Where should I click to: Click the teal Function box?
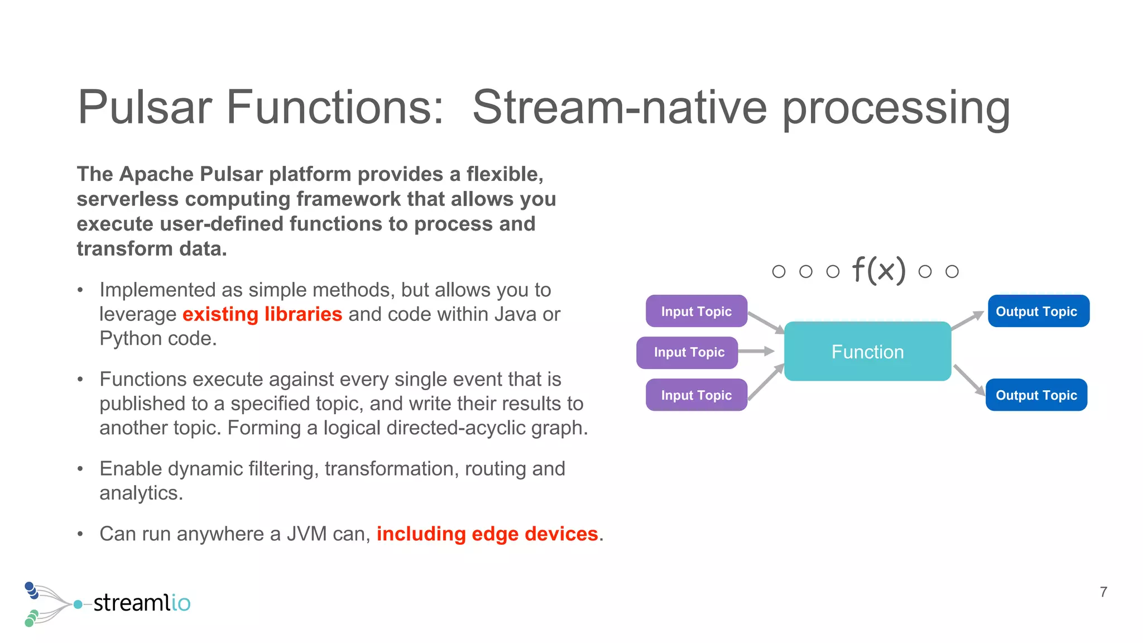[867, 352]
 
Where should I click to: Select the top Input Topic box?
[696, 311]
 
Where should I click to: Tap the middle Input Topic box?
[687, 352]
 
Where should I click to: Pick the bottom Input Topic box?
[696, 395]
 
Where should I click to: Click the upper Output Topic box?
[1038, 311]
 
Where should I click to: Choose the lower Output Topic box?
[1036, 395]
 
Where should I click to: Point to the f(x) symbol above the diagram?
[878, 271]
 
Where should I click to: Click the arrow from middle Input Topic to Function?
[756, 351]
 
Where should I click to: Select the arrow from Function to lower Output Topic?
[969, 381]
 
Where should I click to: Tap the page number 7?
[1103, 592]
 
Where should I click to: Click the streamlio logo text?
[142, 603]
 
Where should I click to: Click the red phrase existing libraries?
[262, 314]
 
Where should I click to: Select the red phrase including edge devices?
[487, 534]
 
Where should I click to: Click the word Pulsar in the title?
[145, 107]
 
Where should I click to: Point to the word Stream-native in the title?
[619, 107]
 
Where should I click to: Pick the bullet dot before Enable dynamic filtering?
[80, 469]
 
